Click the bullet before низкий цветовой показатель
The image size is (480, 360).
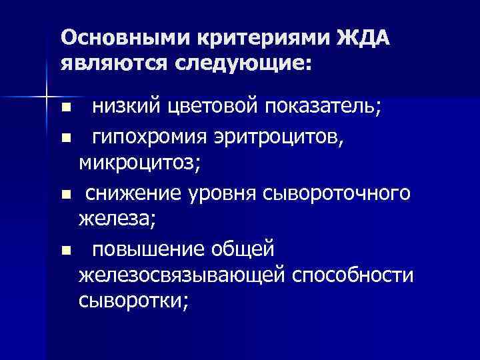(x=65, y=107)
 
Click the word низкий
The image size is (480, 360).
(x=126, y=107)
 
